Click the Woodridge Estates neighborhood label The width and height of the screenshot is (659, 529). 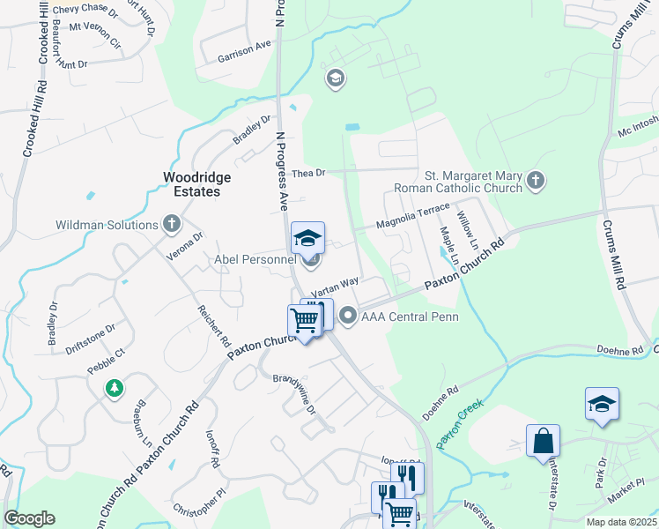click(x=197, y=184)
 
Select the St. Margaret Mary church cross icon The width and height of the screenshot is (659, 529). click(x=535, y=182)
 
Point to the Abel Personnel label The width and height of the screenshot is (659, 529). click(x=255, y=260)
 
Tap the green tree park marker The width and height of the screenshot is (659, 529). click(x=114, y=388)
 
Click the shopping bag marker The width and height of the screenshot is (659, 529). click(x=543, y=440)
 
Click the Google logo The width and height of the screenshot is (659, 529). click(x=29, y=518)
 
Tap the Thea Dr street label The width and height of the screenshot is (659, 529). click(x=308, y=173)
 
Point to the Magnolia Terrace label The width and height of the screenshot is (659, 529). click(x=412, y=219)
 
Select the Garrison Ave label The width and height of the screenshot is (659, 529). click(x=244, y=51)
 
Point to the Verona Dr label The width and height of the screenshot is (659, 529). click(x=185, y=246)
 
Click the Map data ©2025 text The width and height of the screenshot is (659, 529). click(x=621, y=522)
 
